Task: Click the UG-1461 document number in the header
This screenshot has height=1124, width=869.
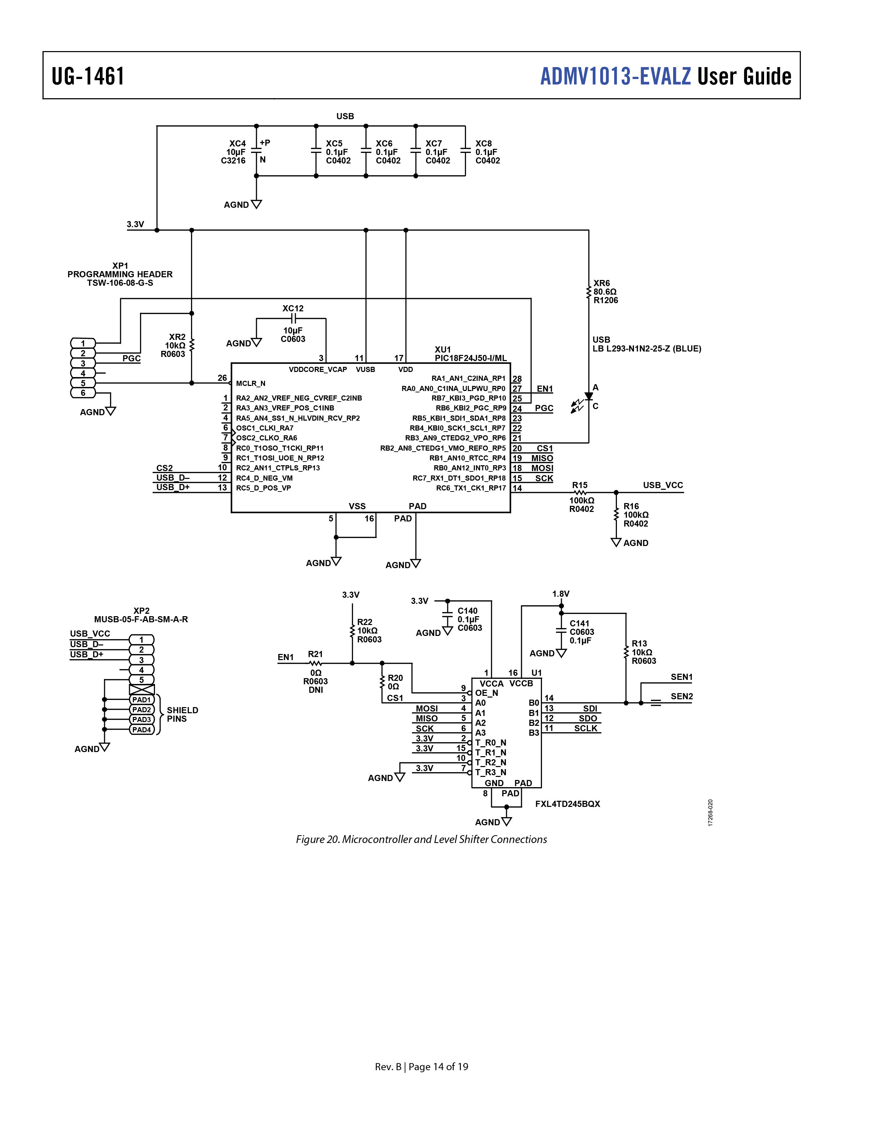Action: (88, 76)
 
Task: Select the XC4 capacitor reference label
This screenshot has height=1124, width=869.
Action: (237, 144)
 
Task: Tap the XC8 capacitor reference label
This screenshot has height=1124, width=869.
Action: (483, 144)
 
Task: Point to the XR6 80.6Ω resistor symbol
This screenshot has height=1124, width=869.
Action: (588, 292)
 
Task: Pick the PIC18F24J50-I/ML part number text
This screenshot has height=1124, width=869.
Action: (470, 358)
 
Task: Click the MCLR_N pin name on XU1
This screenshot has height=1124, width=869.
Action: (251, 384)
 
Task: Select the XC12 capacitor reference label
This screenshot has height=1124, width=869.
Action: (293, 308)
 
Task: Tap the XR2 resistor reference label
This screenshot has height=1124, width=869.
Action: (177, 337)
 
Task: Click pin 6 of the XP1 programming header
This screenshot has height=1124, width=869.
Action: (83, 393)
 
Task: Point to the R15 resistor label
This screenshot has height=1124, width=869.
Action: (580, 485)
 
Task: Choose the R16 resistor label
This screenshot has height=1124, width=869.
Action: (631, 506)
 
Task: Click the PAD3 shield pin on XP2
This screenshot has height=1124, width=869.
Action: (142, 719)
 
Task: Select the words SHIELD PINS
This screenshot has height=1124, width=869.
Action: (182, 714)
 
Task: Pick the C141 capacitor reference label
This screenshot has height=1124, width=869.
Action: (579, 623)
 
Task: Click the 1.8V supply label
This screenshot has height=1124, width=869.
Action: (561, 594)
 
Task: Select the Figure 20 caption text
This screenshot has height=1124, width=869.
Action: (421, 839)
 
